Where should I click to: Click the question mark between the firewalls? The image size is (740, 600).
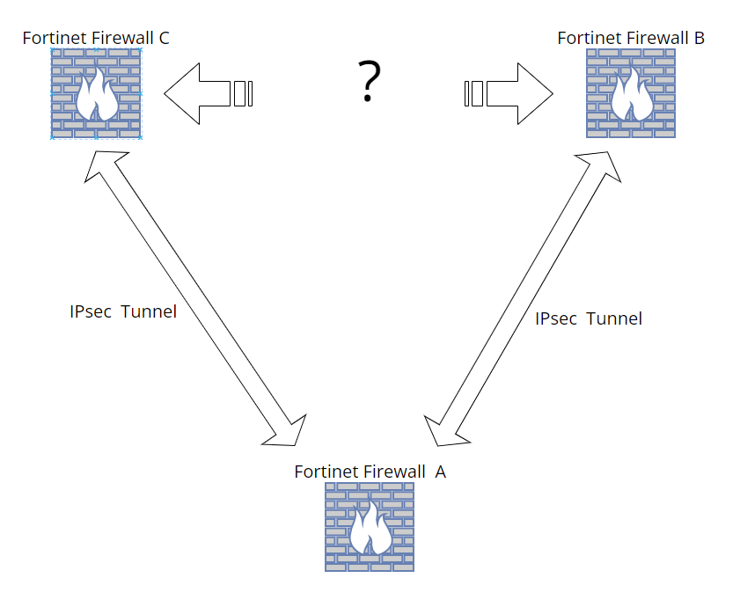[x=370, y=83]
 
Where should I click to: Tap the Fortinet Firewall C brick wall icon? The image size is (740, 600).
[x=96, y=93]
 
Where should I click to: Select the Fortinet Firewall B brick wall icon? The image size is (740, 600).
[x=631, y=93]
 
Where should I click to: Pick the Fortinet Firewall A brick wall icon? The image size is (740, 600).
[x=370, y=527]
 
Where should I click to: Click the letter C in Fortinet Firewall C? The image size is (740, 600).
[x=164, y=37]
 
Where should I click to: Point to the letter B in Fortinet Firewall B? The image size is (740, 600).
[x=699, y=38]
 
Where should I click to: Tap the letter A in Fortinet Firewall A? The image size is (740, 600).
[x=440, y=472]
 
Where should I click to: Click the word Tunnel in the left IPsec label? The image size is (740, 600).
[x=149, y=311]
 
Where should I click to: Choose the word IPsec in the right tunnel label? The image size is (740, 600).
[x=556, y=318]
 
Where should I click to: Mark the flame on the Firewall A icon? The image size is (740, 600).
[x=370, y=530]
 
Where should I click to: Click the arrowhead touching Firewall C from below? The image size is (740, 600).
[x=103, y=164]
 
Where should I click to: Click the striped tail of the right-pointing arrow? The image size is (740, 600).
[x=474, y=93]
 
